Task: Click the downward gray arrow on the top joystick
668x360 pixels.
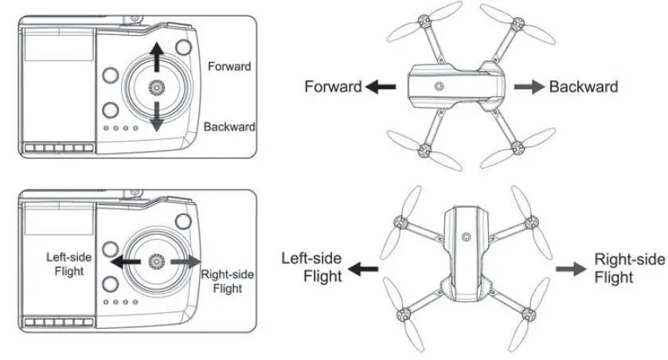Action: click(x=158, y=116)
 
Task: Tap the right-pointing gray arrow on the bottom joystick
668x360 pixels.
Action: click(x=186, y=261)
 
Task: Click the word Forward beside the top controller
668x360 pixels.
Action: click(x=229, y=66)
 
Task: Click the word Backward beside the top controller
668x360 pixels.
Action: click(x=229, y=127)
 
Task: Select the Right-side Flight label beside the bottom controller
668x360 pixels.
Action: click(x=228, y=280)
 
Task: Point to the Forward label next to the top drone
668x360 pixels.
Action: click(x=333, y=87)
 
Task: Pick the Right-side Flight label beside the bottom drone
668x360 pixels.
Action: click(x=628, y=268)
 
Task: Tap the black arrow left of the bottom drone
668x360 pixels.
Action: click(x=365, y=269)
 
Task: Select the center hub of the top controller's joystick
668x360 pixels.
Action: click(x=158, y=87)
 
